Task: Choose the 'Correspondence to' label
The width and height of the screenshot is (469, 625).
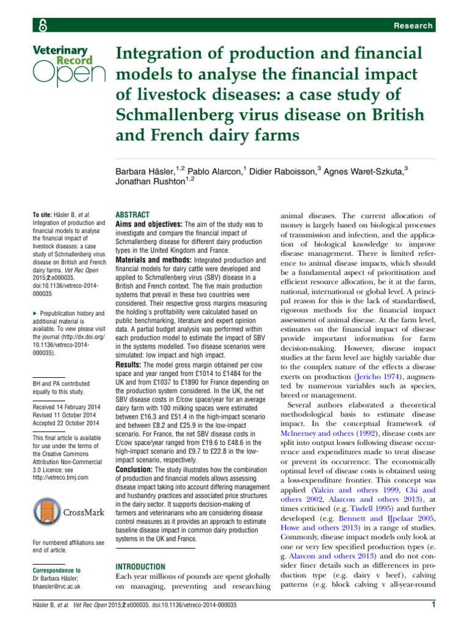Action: [x=56, y=569]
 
